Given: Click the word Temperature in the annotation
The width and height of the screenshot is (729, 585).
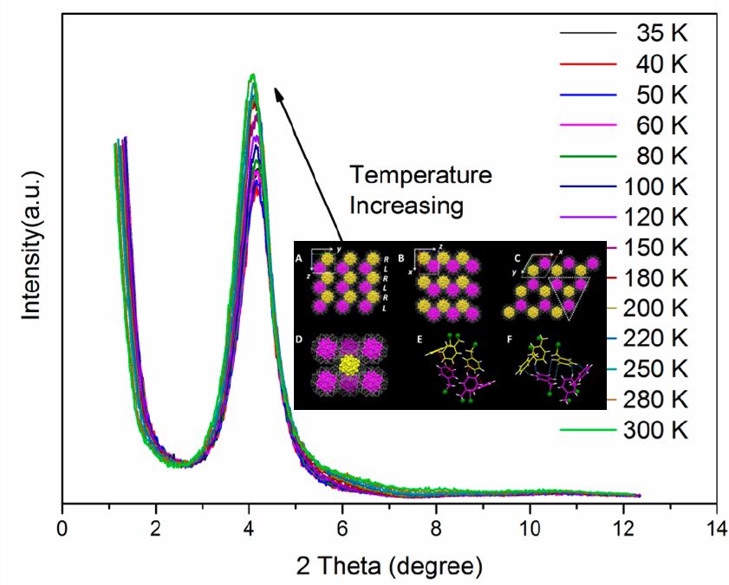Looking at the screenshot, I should pyautogui.click(x=420, y=175).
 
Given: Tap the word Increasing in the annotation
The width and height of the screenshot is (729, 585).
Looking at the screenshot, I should pyautogui.click(x=407, y=205).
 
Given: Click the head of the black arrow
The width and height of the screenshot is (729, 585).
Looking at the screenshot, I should pyautogui.click(x=277, y=89).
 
